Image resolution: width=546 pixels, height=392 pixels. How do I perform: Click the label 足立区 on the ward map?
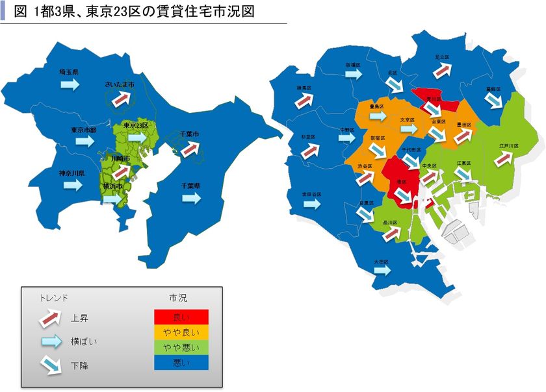443,57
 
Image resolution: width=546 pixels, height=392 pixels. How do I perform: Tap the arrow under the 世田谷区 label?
313,204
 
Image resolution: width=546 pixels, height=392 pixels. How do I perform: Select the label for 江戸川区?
509,147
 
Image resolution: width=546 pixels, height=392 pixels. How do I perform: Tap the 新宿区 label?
378,139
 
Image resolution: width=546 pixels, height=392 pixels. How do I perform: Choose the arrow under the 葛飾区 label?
494,100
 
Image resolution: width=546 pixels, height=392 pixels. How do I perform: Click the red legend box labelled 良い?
181,317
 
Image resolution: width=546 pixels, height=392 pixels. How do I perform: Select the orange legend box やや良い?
181,332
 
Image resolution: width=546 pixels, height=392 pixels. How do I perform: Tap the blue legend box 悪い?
181,363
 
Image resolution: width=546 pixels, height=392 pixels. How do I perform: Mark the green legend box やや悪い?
181,348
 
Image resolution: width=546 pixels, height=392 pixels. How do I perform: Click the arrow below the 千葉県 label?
190,198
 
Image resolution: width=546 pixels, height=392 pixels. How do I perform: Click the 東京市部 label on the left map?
84,130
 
